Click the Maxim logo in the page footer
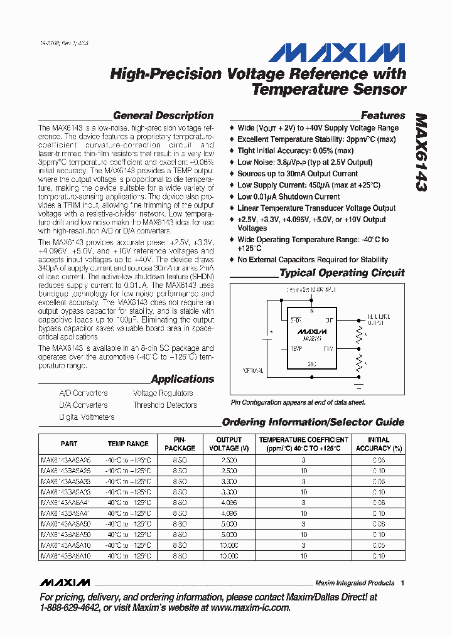[65, 582]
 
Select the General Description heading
[163, 115]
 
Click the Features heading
[383, 115]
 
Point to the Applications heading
[182, 379]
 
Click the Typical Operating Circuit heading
[342, 273]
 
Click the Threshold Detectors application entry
[164, 405]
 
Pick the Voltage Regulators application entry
[163, 393]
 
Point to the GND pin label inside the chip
[311, 364]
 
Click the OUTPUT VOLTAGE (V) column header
[229, 444]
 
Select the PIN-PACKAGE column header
[180, 444]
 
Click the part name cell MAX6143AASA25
[66, 459]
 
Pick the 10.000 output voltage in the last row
[229, 556]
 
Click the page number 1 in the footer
[402, 583]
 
